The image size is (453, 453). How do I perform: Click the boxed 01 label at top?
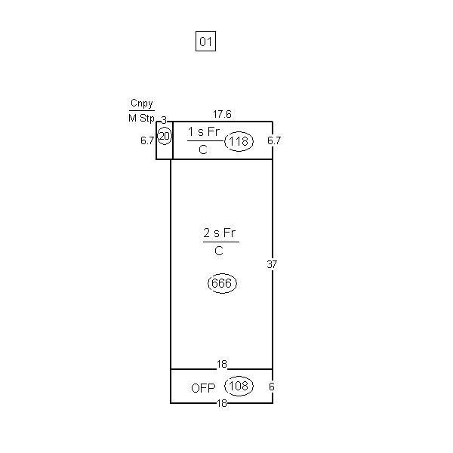click(205, 42)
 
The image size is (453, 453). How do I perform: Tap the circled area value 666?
click(222, 283)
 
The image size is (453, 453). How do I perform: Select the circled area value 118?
click(239, 141)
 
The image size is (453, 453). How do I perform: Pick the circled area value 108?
click(239, 386)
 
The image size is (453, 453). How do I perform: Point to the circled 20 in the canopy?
click(165, 136)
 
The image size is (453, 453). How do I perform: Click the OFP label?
click(203, 388)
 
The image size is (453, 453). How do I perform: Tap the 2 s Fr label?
click(220, 233)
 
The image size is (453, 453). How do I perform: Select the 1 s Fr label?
click(204, 131)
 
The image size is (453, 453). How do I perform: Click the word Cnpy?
click(142, 103)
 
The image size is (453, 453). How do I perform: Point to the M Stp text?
click(142, 118)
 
